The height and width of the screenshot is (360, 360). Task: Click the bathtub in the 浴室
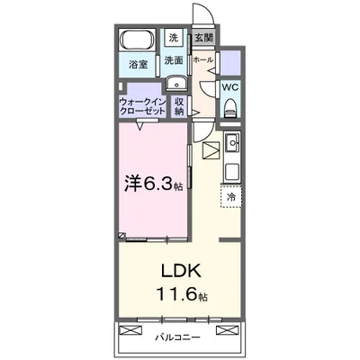coord(138,42)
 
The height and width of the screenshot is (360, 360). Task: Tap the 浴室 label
coord(138,65)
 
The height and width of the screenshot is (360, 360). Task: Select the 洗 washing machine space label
coord(173,38)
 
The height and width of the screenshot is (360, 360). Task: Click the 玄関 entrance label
coord(203,38)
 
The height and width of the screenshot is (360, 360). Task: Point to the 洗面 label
coord(174,60)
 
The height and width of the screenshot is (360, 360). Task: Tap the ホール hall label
coord(202,60)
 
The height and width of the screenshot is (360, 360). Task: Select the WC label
coord(229,88)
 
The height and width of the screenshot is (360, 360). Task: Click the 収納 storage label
coord(179,107)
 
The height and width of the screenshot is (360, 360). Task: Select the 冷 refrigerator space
coord(230,196)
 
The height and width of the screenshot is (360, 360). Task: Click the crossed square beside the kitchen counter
coord(211,153)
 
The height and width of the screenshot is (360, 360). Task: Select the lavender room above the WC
coord(231,63)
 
